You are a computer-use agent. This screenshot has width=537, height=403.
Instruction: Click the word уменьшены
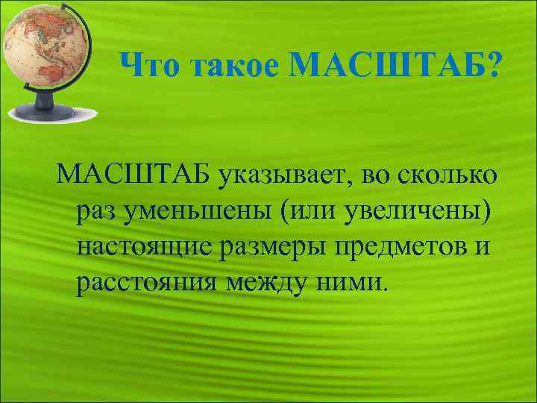point(198,210)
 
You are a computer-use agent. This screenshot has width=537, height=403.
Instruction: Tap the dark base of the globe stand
point(43,113)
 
